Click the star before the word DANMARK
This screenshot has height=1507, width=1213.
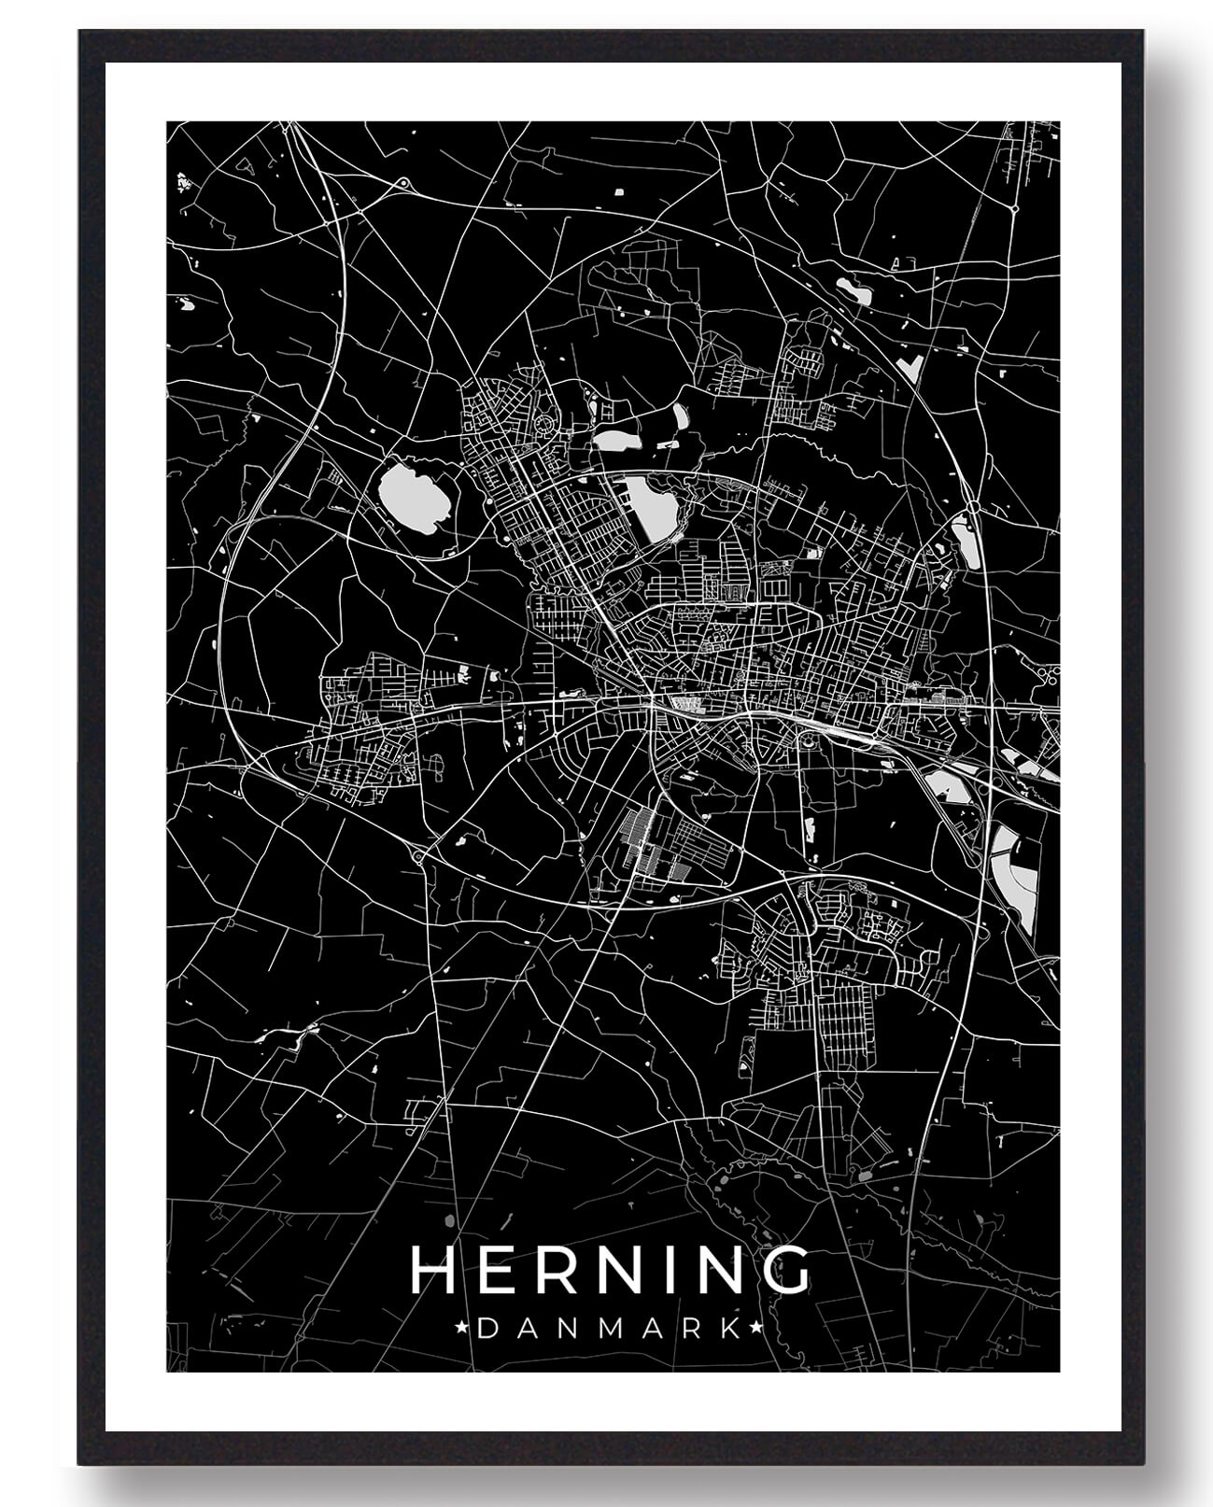pos(461,1327)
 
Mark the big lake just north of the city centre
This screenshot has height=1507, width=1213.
pos(652,504)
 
